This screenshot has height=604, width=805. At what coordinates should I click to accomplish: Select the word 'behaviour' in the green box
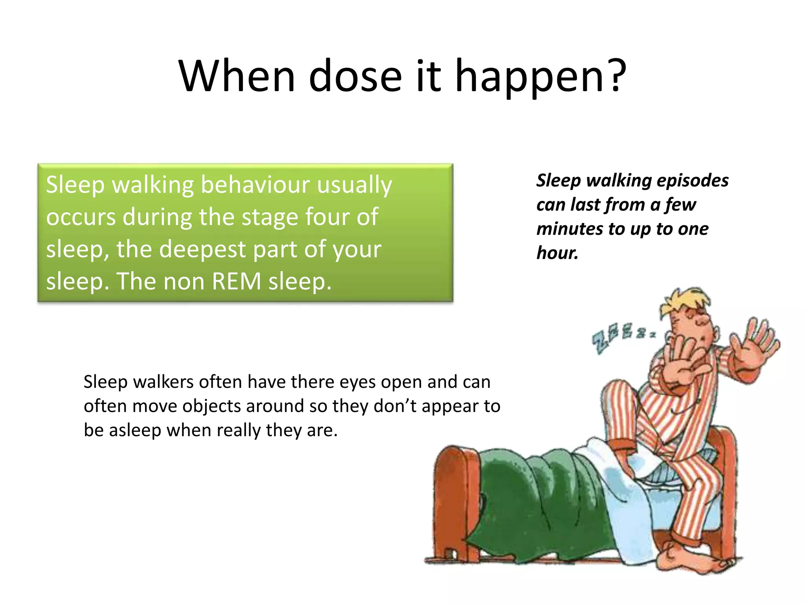tap(255, 184)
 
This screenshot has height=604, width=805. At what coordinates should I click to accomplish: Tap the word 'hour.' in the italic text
tap(557, 252)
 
